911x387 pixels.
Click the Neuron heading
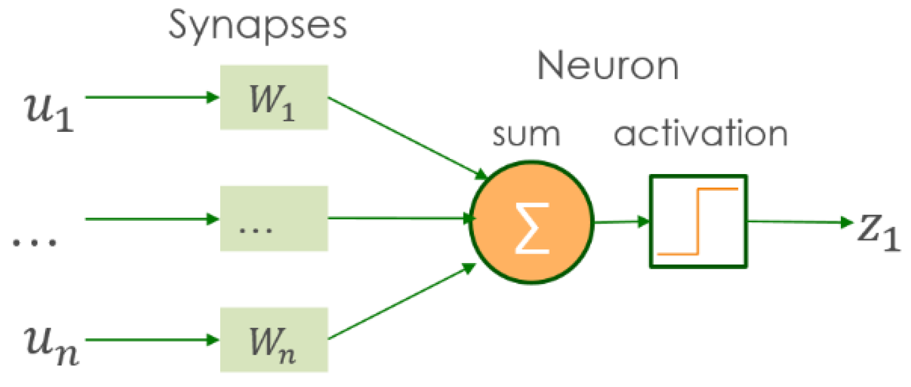tap(607, 66)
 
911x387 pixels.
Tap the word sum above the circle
tap(526, 135)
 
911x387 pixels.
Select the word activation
tap(701, 134)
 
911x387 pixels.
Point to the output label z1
tap(878, 231)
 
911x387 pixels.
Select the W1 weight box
tap(274, 98)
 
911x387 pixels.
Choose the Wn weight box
tap(274, 340)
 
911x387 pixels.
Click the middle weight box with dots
tap(274, 219)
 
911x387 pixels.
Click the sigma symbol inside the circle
tap(532, 228)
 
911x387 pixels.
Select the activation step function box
tap(698, 221)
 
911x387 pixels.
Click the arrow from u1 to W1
tap(150, 97)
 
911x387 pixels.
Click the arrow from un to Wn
tap(150, 340)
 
